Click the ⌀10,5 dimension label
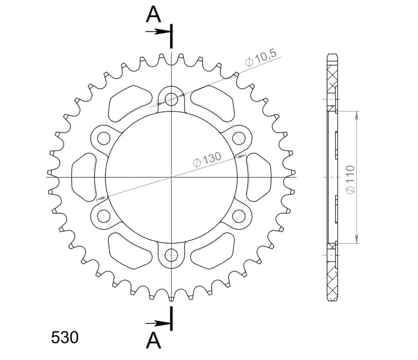[x=261, y=58]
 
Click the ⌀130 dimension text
[x=207, y=160]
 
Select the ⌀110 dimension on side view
[x=350, y=180]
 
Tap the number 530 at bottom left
[x=65, y=338]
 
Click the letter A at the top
[x=153, y=14]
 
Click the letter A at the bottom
[x=154, y=340]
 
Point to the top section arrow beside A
[x=158, y=32]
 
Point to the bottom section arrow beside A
[x=158, y=323]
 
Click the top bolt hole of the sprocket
[x=171, y=100]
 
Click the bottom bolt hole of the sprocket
[x=171, y=255]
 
